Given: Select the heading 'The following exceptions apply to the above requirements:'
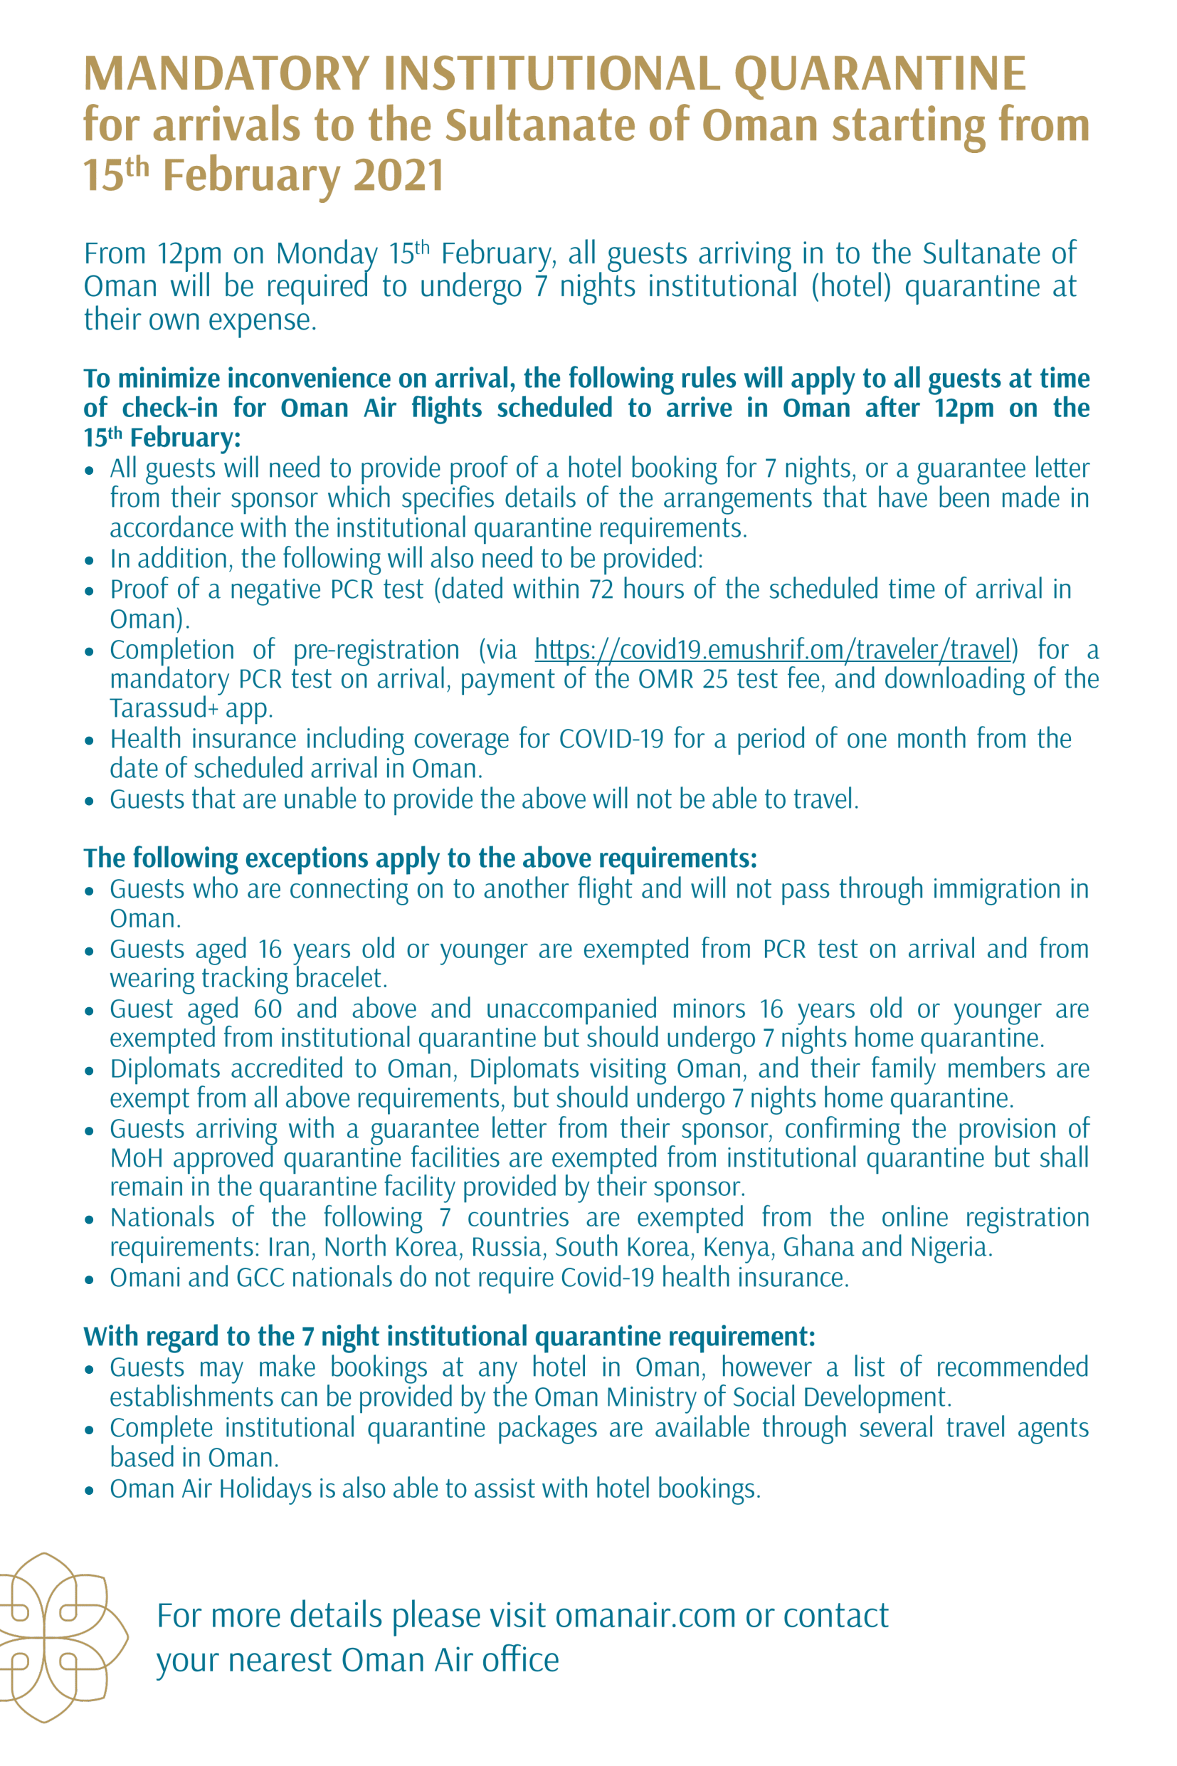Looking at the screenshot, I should point(420,858).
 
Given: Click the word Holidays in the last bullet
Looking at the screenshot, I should point(265,1489).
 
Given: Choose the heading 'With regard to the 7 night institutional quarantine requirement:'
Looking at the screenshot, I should point(449,1337).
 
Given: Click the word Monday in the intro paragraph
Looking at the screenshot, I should point(327,254).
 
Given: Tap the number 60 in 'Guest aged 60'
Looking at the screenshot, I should point(268,1009).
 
